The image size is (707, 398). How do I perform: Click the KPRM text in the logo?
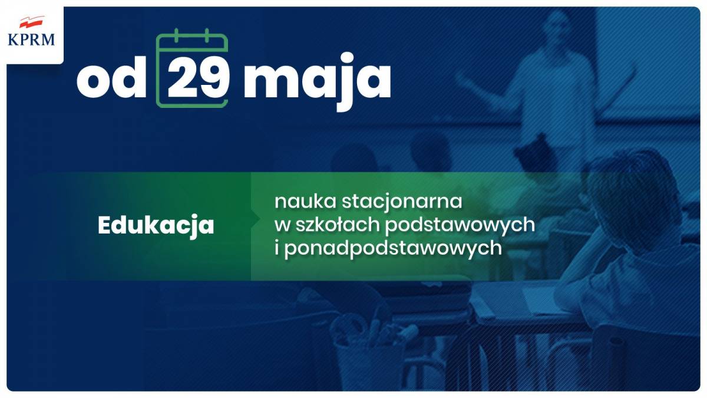(x=31, y=40)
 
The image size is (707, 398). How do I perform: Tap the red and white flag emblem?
(x=32, y=22)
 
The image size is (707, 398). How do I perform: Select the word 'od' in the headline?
(x=111, y=78)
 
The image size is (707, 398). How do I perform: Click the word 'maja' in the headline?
(x=317, y=81)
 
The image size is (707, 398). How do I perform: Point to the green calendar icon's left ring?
(x=176, y=35)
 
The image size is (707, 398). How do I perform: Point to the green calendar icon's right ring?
(x=207, y=35)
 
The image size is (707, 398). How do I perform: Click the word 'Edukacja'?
(x=156, y=226)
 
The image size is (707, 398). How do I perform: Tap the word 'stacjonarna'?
(x=402, y=203)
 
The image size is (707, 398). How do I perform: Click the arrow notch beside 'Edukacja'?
(x=256, y=219)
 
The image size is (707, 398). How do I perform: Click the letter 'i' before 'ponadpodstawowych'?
(x=277, y=248)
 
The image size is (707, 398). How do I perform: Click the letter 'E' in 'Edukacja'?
(x=104, y=225)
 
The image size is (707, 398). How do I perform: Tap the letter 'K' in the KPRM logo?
(x=13, y=40)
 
